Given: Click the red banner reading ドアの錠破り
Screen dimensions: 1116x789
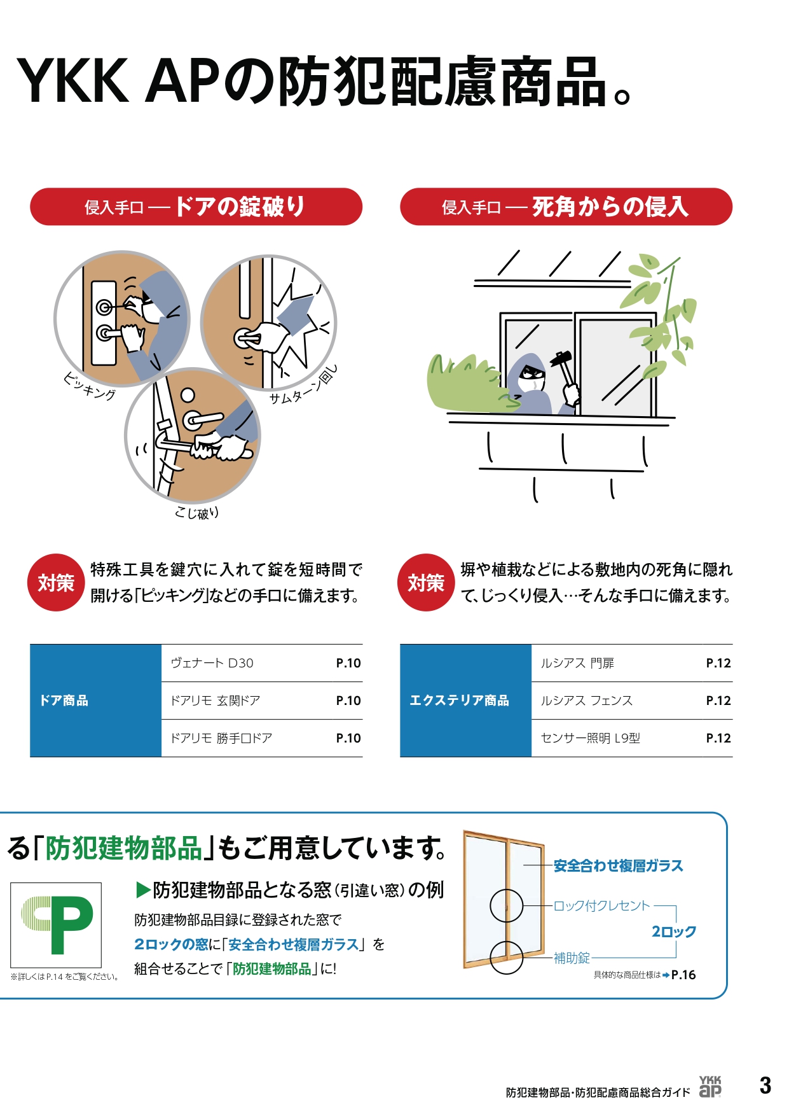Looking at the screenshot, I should coord(196,207).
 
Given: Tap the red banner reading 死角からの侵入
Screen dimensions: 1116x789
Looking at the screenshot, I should coord(566,207).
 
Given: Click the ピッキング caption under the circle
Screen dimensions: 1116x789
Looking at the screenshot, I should coord(90,386).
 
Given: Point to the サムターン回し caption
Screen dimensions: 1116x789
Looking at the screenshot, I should coord(303,386).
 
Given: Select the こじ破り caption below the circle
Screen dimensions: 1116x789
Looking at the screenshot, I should coord(196,513).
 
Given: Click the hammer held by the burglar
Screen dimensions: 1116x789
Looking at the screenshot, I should coord(562,362).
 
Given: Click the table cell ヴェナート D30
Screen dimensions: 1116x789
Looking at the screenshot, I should coord(212,663).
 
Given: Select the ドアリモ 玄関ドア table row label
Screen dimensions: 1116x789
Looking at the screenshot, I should coord(216,701).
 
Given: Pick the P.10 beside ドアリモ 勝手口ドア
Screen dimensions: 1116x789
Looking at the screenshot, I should coord(348,738).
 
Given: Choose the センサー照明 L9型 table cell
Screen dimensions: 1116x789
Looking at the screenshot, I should coord(590,738).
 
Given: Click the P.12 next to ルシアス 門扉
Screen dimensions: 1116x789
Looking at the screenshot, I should coord(718,663).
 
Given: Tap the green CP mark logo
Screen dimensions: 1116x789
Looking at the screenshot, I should coord(57,925).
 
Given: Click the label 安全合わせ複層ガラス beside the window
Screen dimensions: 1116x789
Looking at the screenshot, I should coord(618,866).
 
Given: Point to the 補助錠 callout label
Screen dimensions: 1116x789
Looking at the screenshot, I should coord(572,958).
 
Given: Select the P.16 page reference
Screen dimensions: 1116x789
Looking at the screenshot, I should coord(683,975).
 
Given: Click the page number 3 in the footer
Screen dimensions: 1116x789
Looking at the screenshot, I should coord(765,1085).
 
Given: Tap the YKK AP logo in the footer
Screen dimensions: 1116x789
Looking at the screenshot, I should coord(710,1087).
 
